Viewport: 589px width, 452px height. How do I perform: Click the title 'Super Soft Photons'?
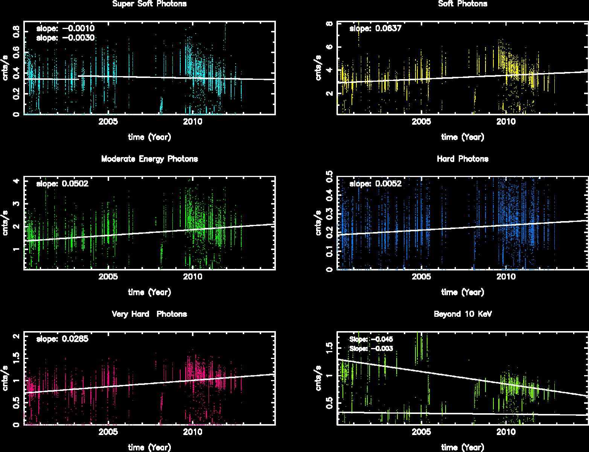149,4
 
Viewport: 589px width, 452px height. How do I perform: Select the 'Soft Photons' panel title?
463,4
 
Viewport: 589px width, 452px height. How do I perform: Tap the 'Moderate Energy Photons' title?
149,159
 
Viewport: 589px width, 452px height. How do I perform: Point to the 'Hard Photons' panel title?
463,159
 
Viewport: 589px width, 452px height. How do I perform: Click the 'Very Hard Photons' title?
149,314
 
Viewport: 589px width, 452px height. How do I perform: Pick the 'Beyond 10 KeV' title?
463,314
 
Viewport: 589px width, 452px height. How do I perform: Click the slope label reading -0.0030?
65,38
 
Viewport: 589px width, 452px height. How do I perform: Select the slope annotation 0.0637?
376,29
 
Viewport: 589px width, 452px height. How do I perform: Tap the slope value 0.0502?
62,184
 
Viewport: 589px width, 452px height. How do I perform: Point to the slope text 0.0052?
376,184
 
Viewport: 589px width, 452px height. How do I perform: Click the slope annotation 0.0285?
62,339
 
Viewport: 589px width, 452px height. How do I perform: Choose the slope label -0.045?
371,339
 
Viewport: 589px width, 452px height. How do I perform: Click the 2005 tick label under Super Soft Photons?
108,122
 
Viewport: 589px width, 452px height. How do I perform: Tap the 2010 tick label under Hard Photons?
506,277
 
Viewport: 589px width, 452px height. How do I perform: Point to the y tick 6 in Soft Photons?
329,47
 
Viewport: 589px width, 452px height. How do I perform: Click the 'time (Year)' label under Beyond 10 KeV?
463,447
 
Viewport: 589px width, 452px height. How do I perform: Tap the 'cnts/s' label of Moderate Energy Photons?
5,223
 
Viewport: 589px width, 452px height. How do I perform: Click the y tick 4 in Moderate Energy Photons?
16,181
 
